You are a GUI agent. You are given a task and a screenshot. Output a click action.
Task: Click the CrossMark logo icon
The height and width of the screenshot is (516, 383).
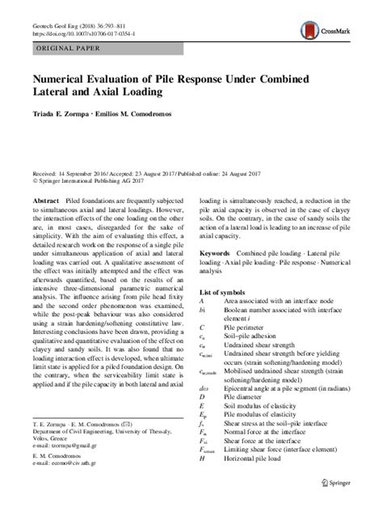tap(309, 32)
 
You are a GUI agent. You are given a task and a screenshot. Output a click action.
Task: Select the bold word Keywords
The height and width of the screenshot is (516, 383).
tap(220, 252)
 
